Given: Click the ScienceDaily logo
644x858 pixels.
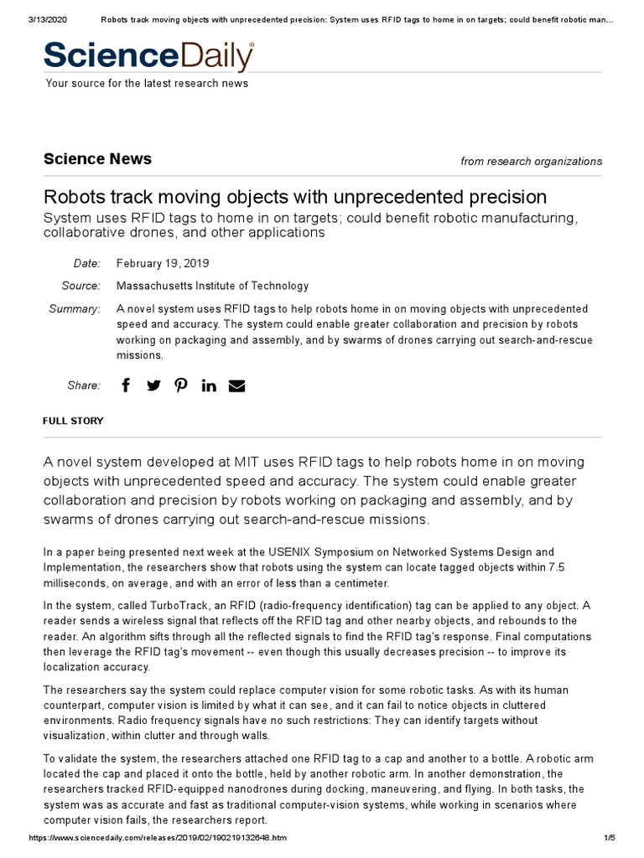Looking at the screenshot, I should [148, 56].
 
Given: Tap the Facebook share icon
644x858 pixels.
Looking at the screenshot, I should [126, 385].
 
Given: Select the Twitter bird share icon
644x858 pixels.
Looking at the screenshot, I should [153, 385].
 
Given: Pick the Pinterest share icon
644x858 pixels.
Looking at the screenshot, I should [180, 385].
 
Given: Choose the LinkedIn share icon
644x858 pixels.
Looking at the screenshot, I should [209, 385].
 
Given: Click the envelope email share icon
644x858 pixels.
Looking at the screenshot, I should [237, 385].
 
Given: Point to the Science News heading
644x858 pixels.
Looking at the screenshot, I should [97, 159].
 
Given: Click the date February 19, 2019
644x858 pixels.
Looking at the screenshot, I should [164, 264].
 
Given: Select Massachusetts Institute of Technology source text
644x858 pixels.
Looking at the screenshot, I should [212, 286].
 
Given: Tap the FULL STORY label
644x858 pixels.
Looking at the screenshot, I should [73, 421].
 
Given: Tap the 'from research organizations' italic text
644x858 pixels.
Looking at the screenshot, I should [531, 162].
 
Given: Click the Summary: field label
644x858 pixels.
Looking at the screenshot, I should [74, 309].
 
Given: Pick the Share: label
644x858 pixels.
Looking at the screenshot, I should [83, 385].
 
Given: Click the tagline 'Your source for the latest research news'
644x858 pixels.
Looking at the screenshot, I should [147, 83].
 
